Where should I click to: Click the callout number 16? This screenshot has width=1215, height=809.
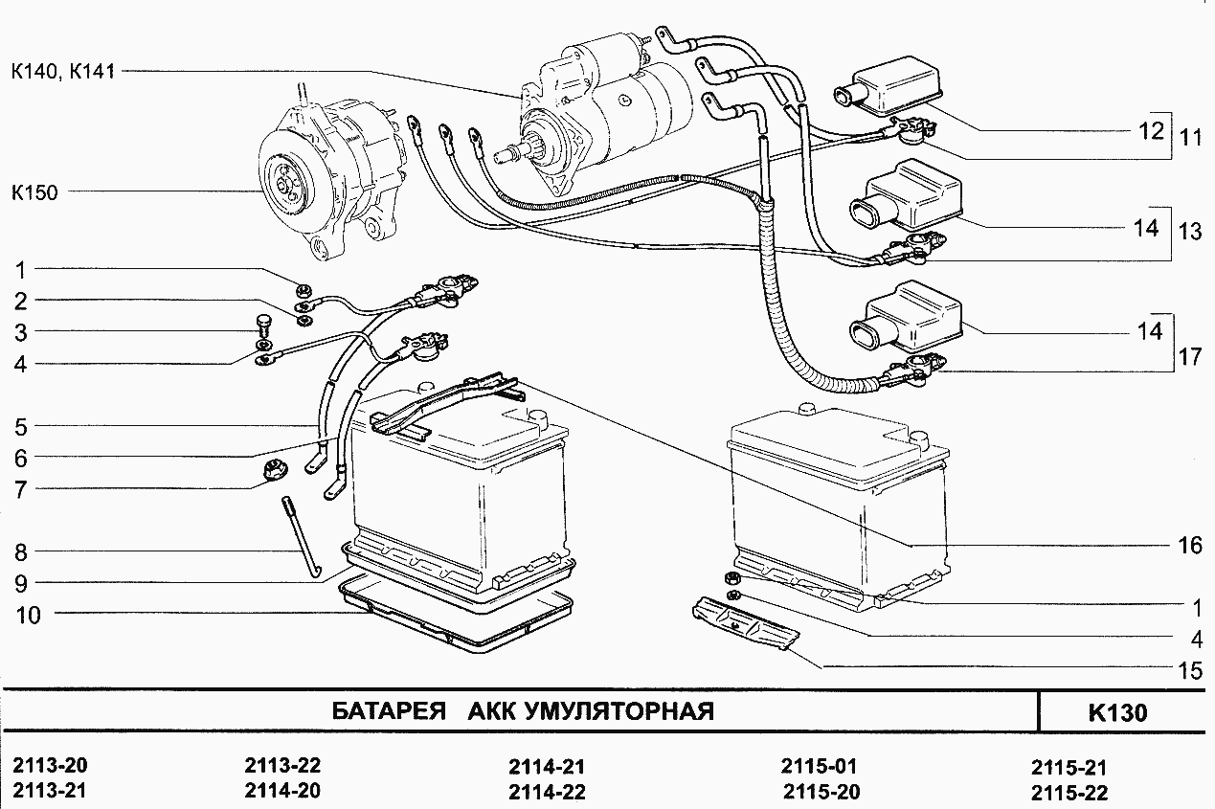[x=1189, y=546]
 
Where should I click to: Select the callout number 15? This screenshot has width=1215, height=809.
[x=1189, y=670]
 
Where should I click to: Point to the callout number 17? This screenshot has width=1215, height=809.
[x=1189, y=357]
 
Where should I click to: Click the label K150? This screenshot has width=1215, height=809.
[x=34, y=192]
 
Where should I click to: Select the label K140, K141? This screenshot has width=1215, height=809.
[x=62, y=71]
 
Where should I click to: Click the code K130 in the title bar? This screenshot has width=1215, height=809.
[x=1117, y=713]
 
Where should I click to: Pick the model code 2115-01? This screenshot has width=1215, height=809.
[x=819, y=766]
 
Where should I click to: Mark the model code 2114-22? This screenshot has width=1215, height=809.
[x=547, y=792]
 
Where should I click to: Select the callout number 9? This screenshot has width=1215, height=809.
[x=19, y=582]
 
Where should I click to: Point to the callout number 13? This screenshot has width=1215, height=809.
[x=1189, y=231]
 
